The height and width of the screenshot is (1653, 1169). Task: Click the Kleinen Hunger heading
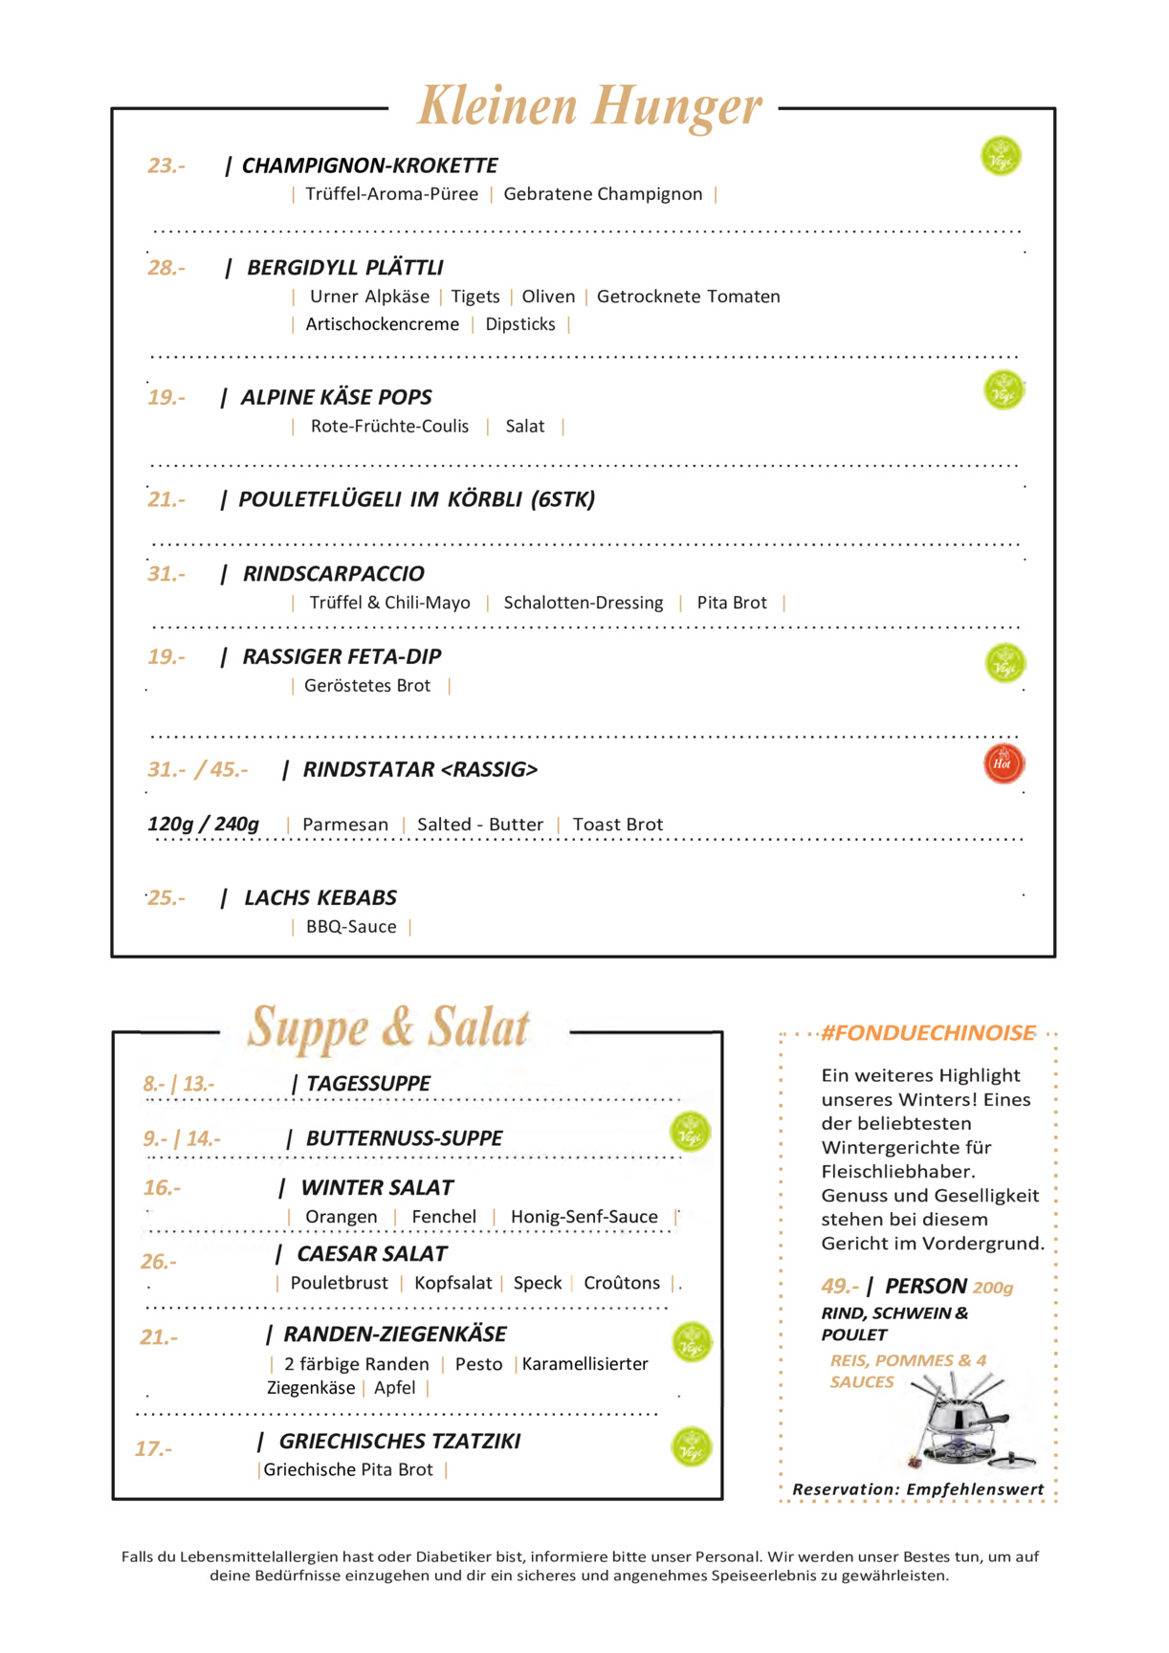click(x=590, y=105)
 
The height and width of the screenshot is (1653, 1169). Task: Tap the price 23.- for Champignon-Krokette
click(x=165, y=165)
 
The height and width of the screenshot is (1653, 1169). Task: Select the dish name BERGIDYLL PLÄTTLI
click(x=344, y=268)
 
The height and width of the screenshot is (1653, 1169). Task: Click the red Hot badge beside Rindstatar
click(x=1004, y=763)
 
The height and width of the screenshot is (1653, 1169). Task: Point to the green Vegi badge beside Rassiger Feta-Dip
click(x=1004, y=663)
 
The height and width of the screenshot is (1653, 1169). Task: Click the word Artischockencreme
click(x=382, y=324)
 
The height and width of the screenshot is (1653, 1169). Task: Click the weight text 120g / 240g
click(x=203, y=824)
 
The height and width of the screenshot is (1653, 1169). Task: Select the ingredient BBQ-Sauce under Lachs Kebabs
click(x=351, y=926)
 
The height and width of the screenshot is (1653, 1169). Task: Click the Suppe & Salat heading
click(x=388, y=1027)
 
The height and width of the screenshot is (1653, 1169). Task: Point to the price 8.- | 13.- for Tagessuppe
click(x=178, y=1084)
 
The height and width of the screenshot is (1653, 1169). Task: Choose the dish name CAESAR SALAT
click(x=372, y=1254)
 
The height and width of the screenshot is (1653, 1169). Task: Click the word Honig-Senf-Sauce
click(x=584, y=1217)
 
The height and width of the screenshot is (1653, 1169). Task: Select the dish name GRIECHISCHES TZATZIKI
click(x=399, y=1442)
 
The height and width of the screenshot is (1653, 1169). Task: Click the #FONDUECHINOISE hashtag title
click(x=928, y=1033)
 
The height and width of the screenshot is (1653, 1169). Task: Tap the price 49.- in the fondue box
click(x=839, y=1287)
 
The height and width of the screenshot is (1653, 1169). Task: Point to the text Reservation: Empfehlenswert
click(x=917, y=1489)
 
